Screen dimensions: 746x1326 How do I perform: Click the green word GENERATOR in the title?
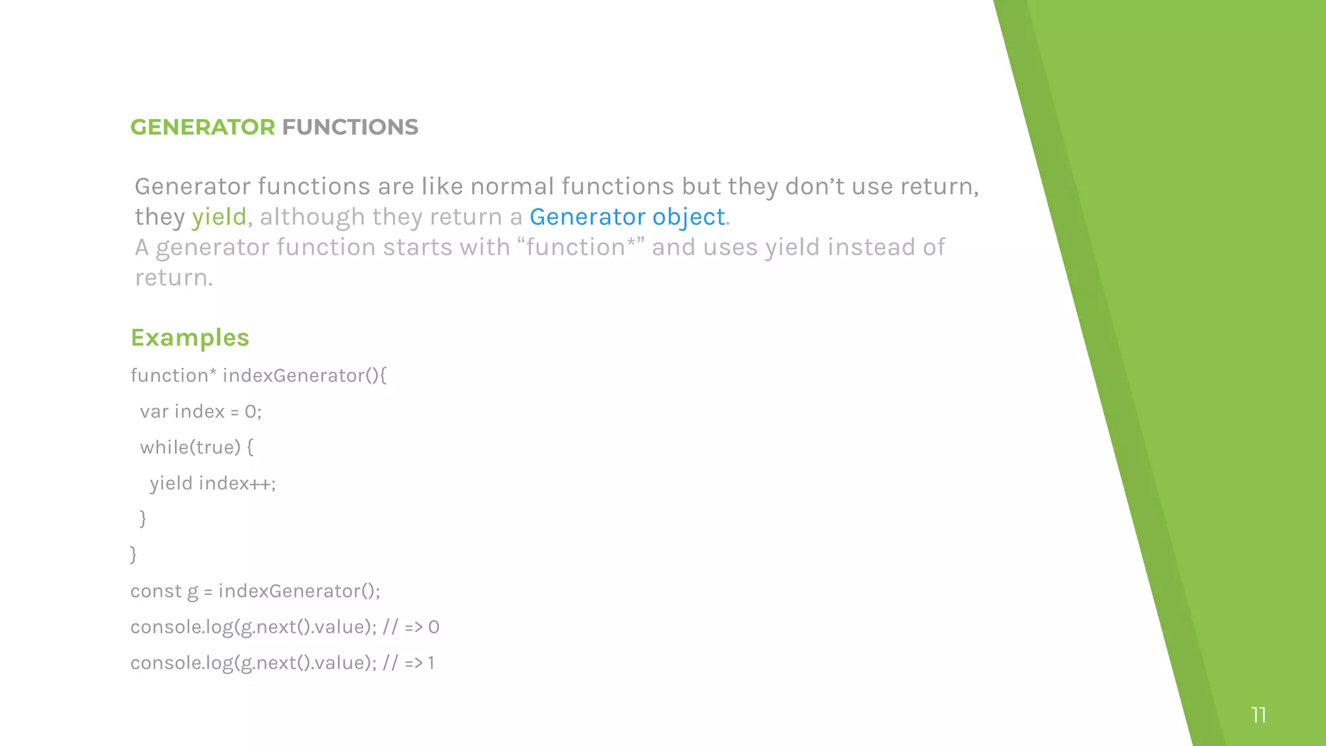tap(203, 127)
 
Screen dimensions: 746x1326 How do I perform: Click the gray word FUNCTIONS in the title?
tap(350, 127)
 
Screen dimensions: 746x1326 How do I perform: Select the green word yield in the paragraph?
tap(219, 217)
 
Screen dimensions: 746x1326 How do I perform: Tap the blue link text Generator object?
tap(627, 217)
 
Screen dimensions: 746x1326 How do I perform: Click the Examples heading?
tap(190, 337)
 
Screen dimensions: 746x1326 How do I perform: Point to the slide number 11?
tap(1258, 715)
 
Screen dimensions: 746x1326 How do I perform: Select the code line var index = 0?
tap(201, 412)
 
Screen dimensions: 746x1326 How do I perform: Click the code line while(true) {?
tap(197, 447)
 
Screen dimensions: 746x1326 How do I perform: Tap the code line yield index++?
tap(212, 484)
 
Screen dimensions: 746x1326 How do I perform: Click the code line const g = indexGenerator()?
tap(255, 591)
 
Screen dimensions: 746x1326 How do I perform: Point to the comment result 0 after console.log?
tap(434, 627)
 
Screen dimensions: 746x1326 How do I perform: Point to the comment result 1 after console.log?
tap(431, 663)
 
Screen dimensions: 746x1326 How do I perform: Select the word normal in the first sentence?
tap(511, 186)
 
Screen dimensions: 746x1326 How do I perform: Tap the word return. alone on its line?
tap(174, 278)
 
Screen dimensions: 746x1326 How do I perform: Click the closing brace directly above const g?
tap(133, 554)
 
